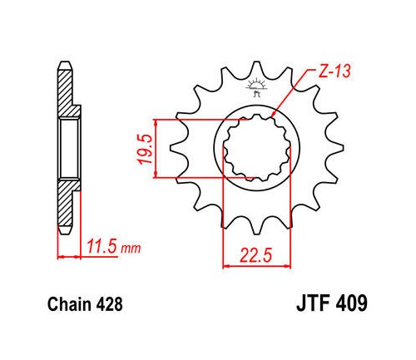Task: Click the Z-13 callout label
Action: pos(334,71)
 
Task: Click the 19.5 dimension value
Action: pos(145,149)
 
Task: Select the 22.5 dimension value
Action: pos(255,255)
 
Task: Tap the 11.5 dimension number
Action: pos(102,247)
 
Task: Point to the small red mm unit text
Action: pos(131,249)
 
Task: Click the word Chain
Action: pos(69,304)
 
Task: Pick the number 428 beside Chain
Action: pos(109,304)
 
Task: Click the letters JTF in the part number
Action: pos(314,303)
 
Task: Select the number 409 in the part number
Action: pos(351,303)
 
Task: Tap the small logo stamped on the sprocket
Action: pos(255,87)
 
